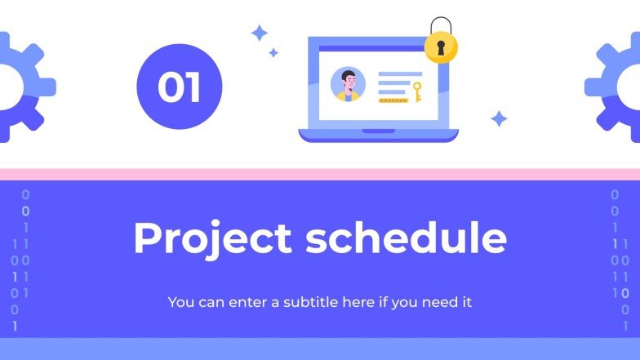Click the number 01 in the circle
pyautogui.click(x=179, y=87)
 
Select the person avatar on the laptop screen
pyautogui.click(x=348, y=85)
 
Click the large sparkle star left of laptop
pyautogui.click(x=260, y=33)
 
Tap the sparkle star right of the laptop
pyautogui.click(x=499, y=119)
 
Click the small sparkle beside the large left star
pyautogui.click(x=273, y=53)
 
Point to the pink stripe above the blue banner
pyautogui.click(x=320, y=174)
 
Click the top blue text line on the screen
pyautogui.click(x=399, y=74)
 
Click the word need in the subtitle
pyautogui.click(x=441, y=302)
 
